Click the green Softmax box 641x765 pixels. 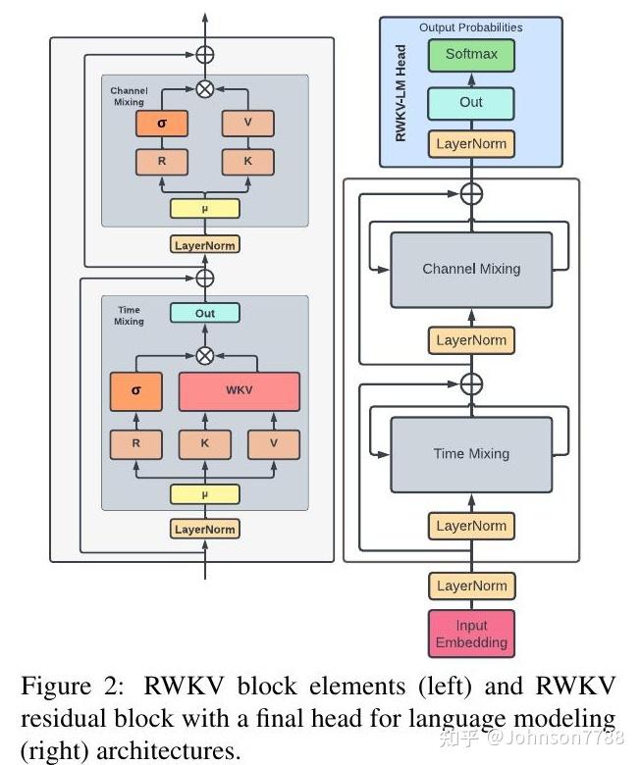point(471,55)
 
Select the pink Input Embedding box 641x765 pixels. point(471,634)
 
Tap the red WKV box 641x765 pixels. point(239,390)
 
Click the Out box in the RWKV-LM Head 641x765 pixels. point(471,102)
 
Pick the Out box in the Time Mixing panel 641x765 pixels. point(205,313)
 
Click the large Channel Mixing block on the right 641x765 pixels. point(471,269)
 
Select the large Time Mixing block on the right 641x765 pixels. point(471,454)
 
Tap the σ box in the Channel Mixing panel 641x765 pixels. point(162,123)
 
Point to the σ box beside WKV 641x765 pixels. point(135,390)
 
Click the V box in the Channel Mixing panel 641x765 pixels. point(247,123)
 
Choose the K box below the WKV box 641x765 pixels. point(204,443)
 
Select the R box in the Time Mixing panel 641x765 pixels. point(135,443)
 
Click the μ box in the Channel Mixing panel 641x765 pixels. point(205,208)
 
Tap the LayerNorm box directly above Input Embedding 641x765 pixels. point(471,586)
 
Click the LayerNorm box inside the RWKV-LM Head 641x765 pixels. point(471,144)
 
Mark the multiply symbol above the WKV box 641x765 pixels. point(205,355)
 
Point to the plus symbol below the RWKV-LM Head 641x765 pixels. point(472,193)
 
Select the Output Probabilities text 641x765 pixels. point(471,27)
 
